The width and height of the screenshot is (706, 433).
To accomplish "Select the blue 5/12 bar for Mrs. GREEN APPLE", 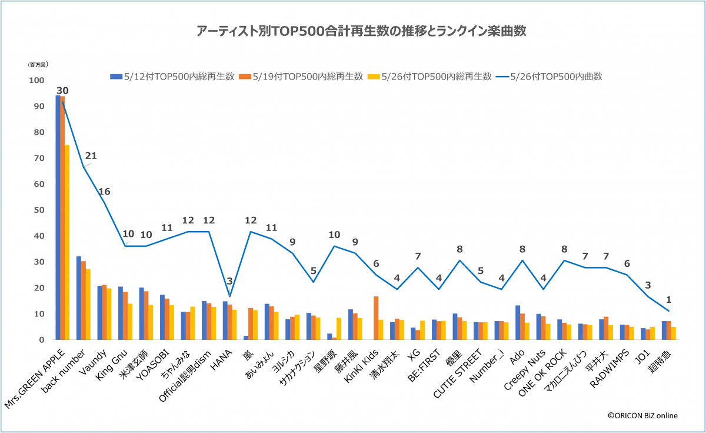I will coord(58,218).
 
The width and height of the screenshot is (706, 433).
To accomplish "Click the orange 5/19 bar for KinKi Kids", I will coord(376,318).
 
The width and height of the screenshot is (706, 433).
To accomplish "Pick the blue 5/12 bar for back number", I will coord(79,298).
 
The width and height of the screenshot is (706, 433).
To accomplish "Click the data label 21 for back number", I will coord(91,156).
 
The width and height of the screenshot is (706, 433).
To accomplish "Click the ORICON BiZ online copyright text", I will coord(642,415).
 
